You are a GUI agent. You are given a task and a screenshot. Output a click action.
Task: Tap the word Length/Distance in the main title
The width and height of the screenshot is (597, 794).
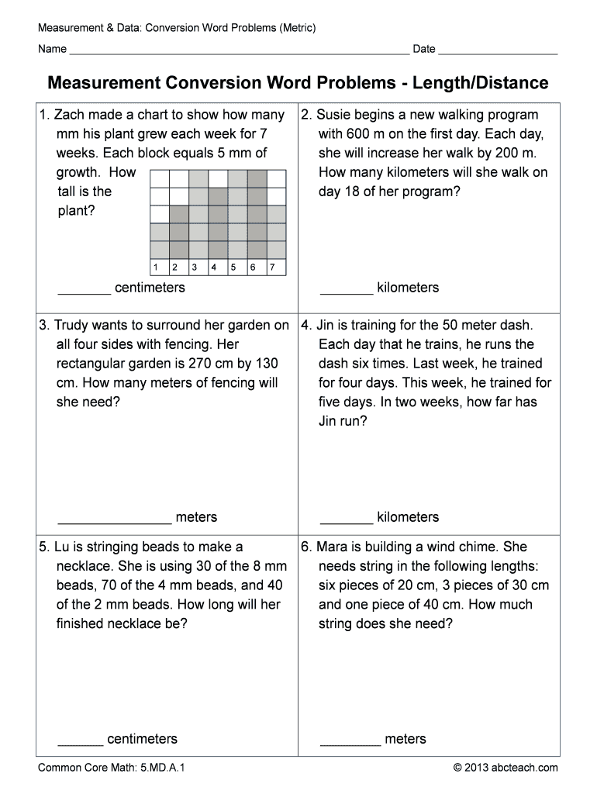(x=480, y=83)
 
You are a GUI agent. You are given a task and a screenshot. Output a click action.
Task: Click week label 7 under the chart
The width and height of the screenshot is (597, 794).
(x=271, y=268)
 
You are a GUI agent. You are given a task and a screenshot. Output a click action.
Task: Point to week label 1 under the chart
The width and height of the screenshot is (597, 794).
(x=156, y=268)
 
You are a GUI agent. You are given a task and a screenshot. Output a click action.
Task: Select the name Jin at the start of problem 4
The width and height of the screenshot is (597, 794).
(x=328, y=326)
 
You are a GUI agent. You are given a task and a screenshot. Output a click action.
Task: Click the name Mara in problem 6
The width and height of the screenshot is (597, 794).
(x=334, y=547)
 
